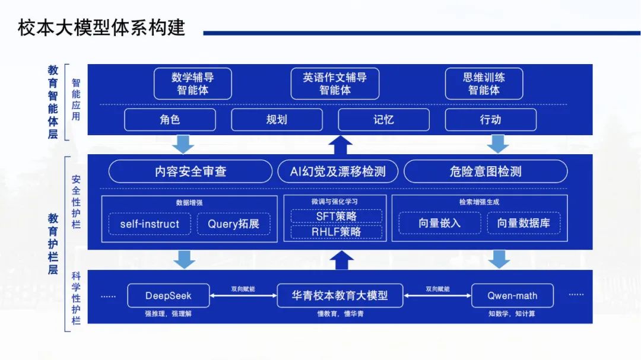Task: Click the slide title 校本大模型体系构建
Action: click(x=101, y=28)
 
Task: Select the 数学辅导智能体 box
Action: click(x=192, y=84)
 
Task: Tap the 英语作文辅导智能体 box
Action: click(x=335, y=84)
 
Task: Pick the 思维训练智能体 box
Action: click(x=484, y=84)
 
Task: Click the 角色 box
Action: click(x=170, y=120)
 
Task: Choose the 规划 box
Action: click(x=277, y=120)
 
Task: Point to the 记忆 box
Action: click(x=383, y=120)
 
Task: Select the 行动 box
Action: click(x=491, y=120)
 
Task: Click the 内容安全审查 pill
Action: click(x=191, y=171)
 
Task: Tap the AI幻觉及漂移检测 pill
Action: click(x=338, y=171)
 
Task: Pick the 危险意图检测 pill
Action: click(x=485, y=171)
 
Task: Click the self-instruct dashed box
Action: click(x=150, y=224)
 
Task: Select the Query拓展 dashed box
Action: click(x=233, y=224)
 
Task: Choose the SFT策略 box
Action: click(x=336, y=216)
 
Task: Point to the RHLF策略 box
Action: click(x=336, y=232)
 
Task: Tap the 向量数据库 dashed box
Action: click(x=523, y=223)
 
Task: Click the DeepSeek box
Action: click(x=169, y=295)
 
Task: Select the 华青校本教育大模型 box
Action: click(x=339, y=295)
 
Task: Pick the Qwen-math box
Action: click(x=512, y=295)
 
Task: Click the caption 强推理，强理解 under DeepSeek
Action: click(x=168, y=314)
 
